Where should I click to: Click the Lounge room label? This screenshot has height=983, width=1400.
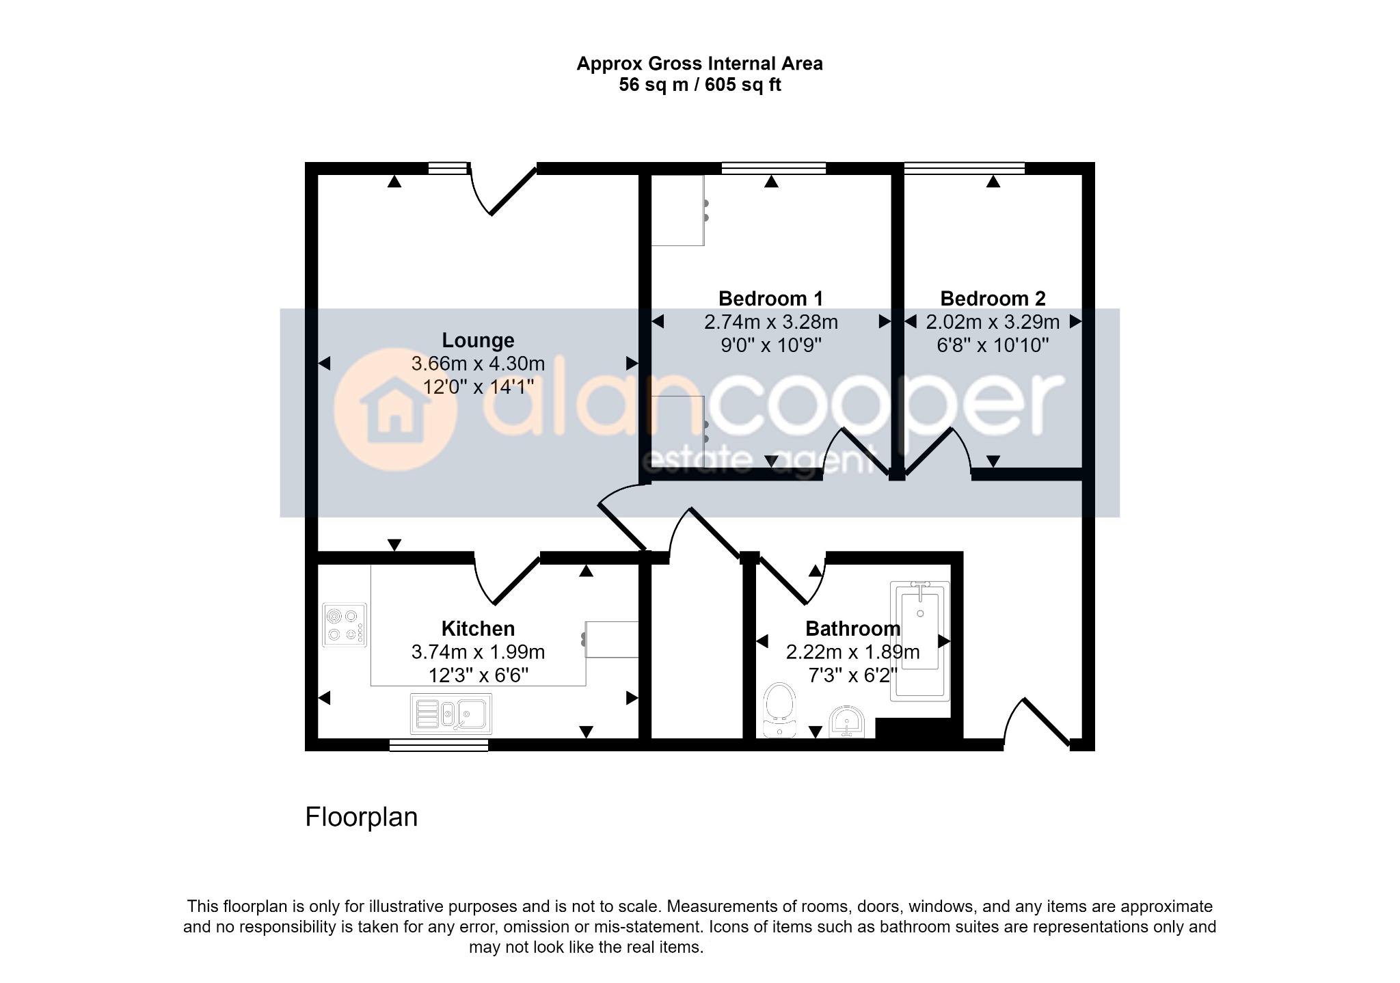coord(478,340)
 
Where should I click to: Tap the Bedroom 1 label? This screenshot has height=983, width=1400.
coord(770,298)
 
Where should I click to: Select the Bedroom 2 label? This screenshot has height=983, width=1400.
coord(993,298)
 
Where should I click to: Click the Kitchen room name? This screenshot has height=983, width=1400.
coord(478,628)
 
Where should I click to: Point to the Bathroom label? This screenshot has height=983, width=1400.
coord(852,628)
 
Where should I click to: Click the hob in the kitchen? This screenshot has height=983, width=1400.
coord(345,625)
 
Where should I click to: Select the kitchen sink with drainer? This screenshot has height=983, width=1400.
coord(451,714)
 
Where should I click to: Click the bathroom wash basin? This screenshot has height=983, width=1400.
coord(847,723)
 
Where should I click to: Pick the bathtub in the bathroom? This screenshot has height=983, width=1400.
coord(920,641)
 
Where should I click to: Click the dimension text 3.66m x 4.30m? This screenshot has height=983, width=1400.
coord(478,364)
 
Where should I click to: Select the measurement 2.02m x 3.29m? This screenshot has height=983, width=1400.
coord(993,322)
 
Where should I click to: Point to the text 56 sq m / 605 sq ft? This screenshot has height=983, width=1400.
coord(699,85)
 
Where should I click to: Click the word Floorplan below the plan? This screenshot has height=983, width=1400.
coord(361,817)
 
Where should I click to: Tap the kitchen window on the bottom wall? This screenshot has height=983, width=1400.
coord(439,746)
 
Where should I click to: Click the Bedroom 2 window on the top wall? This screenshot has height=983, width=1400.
coord(965,167)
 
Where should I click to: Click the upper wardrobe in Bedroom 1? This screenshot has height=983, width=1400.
coord(677,211)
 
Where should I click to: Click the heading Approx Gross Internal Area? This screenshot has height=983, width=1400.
coord(699,64)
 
